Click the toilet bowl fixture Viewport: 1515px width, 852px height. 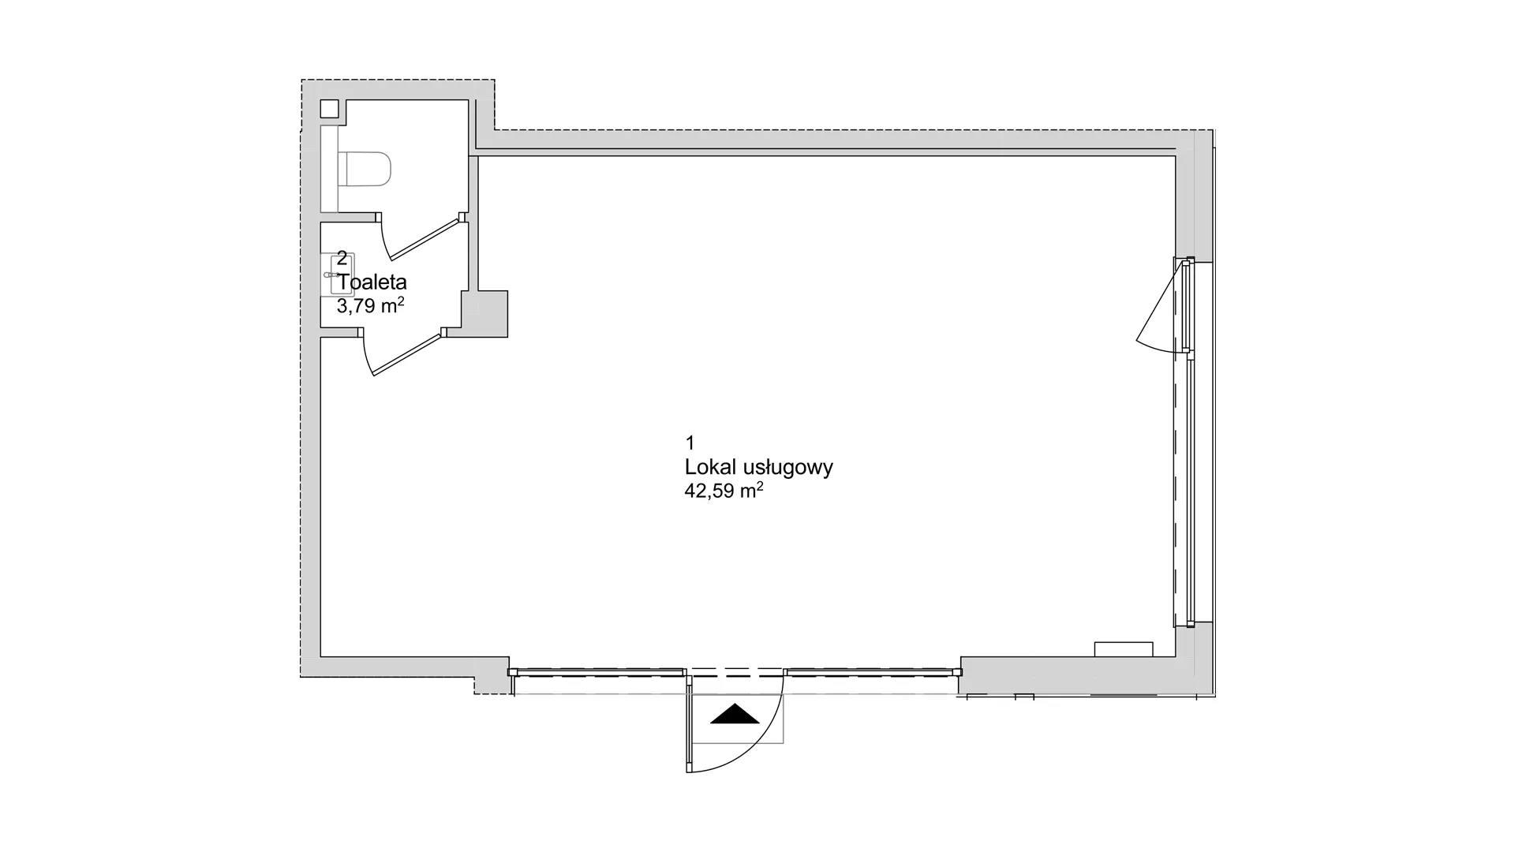(x=365, y=169)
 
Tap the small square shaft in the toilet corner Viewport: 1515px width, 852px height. (x=330, y=110)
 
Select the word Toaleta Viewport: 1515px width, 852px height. (x=372, y=282)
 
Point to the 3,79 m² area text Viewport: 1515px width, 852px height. (x=371, y=306)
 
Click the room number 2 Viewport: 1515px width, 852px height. (x=342, y=258)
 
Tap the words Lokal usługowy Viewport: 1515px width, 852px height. (x=759, y=468)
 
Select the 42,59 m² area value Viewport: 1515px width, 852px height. (x=724, y=491)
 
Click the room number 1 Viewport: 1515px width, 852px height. (x=690, y=442)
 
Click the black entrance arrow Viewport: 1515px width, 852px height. (x=735, y=713)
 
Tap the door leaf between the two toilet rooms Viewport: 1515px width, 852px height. (x=425, y=240)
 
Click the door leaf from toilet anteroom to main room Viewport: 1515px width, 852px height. (x=407, y=353)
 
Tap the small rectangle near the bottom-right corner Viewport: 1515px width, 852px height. (x=1124, y=649)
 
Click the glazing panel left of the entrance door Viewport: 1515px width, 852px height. (x=597, y=672)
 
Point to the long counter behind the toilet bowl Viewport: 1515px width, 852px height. (x=330, y=169)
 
